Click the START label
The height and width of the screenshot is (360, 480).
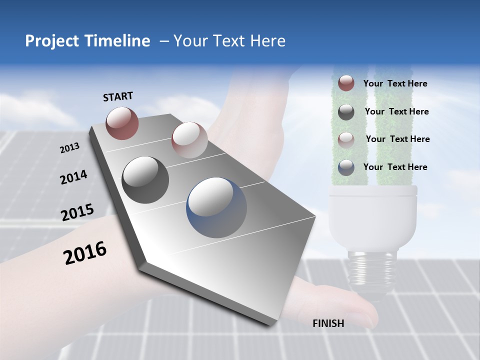pyautogui.click(x=118, y=96)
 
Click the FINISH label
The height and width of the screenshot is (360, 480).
pyautogui.click(x=328, y=323)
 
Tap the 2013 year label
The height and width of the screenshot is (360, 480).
pyautogui.click(x=69, y=148)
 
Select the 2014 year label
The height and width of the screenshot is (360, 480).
pyautogui.click(x=73, y=177)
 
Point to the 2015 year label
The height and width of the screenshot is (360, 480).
pyautogui.click(x=77, y=212)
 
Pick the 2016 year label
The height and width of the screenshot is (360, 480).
pyautogui.click(x=85, y=252)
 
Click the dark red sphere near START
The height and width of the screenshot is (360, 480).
pyautogui.click(x=122, y=123)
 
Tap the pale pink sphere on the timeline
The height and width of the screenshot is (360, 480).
pyautogui.click(x=189, y=140)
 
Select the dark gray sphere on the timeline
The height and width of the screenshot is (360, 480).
pyautogui.click(x=145, y=180)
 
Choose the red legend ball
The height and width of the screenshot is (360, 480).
pyautogui.click(x=346, y=83)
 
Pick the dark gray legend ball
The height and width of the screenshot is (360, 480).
pyautogui.click(x=346, y=112)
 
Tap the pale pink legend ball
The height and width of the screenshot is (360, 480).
pyautogui.click(x=346, y=139)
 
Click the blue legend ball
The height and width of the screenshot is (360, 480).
pyautogui.click(x=346, y=167)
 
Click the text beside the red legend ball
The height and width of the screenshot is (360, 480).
pyautogui.click(x=395, y=83)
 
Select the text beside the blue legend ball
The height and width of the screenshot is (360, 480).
pyautogui.click(x=395, y=167)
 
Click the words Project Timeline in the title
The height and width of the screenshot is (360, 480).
pyautogui.click(x=87, y=41)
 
